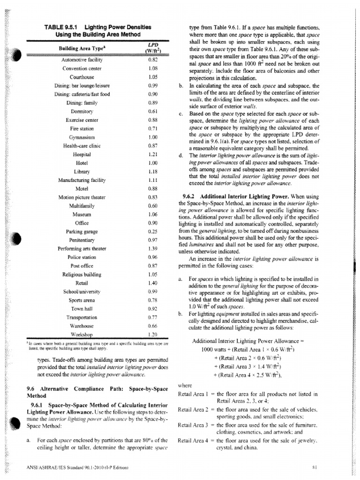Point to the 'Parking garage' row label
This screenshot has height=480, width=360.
(82, 231)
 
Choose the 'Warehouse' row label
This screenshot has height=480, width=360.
(82, 325)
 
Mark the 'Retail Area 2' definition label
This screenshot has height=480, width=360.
(194, 410)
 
